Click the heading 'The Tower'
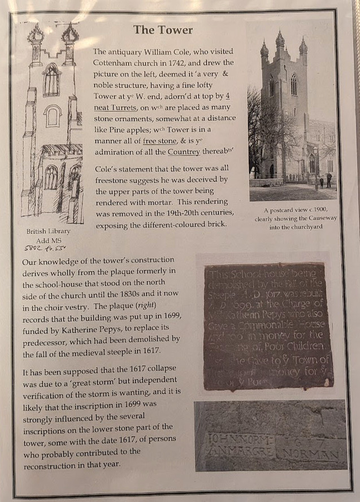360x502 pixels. point(163,30)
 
